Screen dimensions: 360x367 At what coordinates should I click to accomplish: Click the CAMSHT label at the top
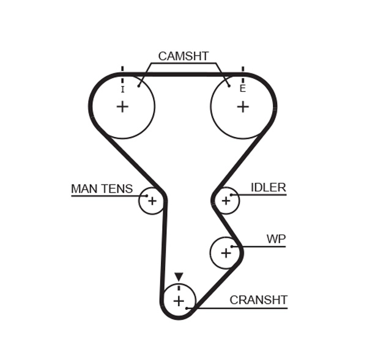point(183,56)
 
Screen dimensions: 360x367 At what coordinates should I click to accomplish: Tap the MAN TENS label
point(102,189)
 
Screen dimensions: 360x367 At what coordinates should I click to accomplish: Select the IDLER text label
point(268,188)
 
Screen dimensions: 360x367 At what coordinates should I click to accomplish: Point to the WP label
point(276,239)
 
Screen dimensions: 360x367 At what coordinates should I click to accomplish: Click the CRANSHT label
point(258,300)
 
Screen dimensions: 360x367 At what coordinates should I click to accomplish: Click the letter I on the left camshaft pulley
point(122,89)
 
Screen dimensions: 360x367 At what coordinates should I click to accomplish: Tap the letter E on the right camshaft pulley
point(242,89)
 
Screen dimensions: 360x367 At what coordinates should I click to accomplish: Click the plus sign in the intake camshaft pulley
point(122,107)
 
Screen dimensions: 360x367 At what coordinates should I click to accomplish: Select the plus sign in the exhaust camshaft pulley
point(243,107)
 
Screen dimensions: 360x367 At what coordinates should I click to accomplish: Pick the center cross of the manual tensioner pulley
point(152,201)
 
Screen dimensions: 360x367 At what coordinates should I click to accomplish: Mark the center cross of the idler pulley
point(226,200)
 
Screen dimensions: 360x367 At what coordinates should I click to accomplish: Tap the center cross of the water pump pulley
point(226,252)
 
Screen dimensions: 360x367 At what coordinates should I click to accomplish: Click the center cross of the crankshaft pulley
point(178,301)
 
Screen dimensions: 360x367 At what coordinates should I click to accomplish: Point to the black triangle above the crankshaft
point(179,277)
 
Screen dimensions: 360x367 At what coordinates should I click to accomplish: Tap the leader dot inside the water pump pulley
point(232,246)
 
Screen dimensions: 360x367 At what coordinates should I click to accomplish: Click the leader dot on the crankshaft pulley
point(187,308)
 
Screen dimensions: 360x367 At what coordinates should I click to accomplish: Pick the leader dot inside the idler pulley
point(231,195)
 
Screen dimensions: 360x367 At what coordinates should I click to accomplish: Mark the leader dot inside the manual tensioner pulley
point(147,196)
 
